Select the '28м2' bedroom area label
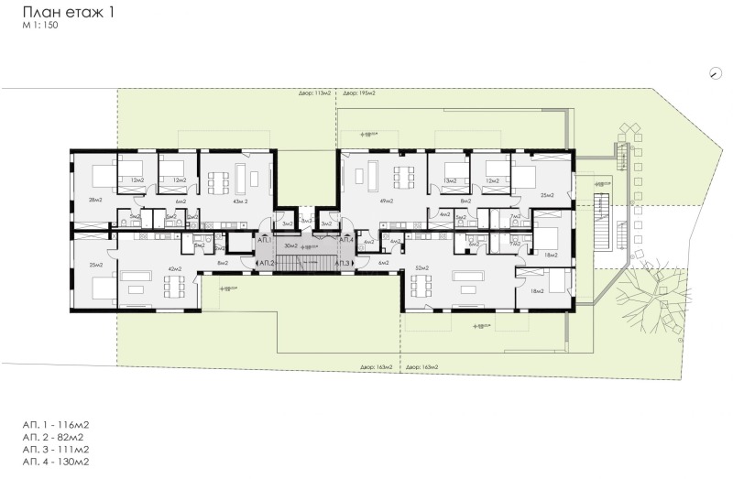(x=94, y=200)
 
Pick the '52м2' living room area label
(x=422, y=267)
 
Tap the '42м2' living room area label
(x=171, y=268)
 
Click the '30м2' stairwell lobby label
(x=291, y=246)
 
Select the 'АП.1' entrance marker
(x=265, y=239)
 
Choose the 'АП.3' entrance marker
(x=343, y=264)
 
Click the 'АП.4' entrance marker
(x=347, y=239)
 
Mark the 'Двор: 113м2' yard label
(x=313, y=93)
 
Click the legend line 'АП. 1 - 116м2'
(x=57, y=426)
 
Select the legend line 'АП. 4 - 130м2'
(x=57, y=462)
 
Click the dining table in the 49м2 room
(x=404, y=175)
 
